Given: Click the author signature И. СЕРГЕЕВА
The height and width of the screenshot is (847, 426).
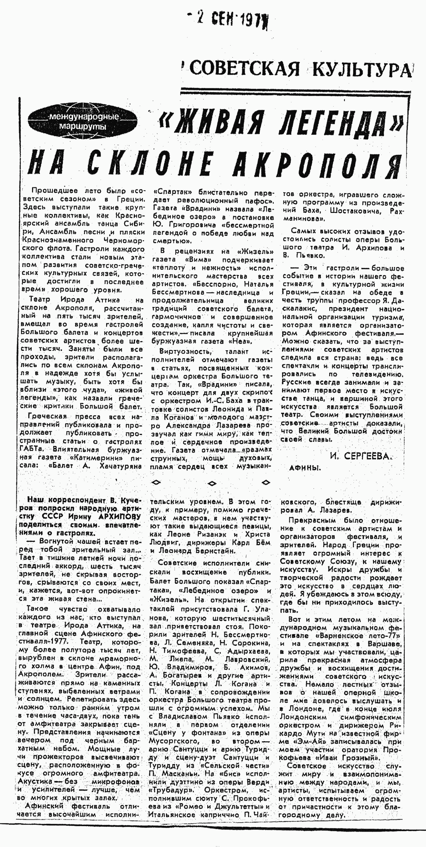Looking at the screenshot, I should [361, 456].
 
